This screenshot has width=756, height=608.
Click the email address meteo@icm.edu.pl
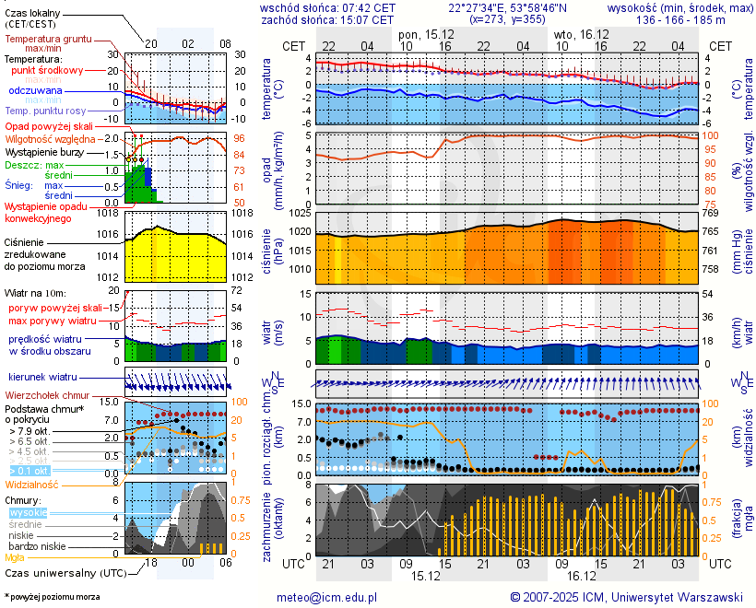pos(327,597)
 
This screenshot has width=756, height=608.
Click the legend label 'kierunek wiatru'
pos(42,377)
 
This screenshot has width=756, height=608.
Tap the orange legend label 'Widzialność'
pos(32,483)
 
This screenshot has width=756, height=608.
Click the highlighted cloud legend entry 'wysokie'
pos(28,512)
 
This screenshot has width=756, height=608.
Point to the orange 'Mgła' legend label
pos(15,557)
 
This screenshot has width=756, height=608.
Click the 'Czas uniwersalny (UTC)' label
pos(57,573)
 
